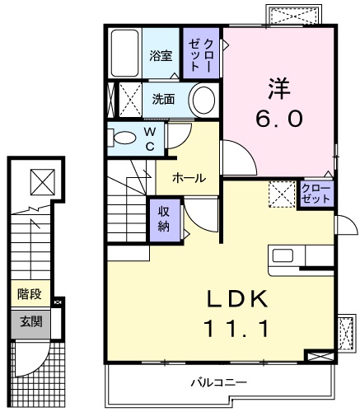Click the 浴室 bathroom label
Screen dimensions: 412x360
160,56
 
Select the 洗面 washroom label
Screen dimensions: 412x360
162,100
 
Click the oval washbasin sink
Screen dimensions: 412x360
203,101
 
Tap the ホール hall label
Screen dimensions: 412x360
189,177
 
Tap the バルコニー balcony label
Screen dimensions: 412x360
218,382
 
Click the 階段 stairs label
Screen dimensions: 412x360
30,293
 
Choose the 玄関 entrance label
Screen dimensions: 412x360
30,322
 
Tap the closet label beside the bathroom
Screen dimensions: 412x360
202,54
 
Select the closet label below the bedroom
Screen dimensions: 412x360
315,195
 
